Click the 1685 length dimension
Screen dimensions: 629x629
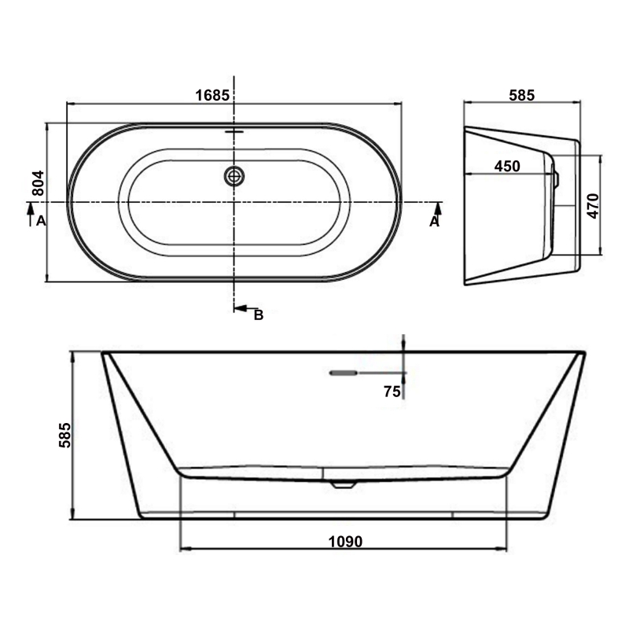click(x=212, y=95)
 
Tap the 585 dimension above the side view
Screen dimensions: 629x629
click(x=521, y=95)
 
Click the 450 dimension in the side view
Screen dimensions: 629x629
click(x=507, y=166)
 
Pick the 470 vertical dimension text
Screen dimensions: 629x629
click(x=593, y=205)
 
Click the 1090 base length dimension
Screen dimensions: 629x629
click(x=344, y=541)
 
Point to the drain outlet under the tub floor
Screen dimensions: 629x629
click(x=343, y=484)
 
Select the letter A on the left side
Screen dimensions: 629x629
click(x=40, y=223)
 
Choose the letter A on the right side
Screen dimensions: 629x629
click(x=433, y=223)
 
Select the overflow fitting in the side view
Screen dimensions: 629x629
click(x=555, y=178)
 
